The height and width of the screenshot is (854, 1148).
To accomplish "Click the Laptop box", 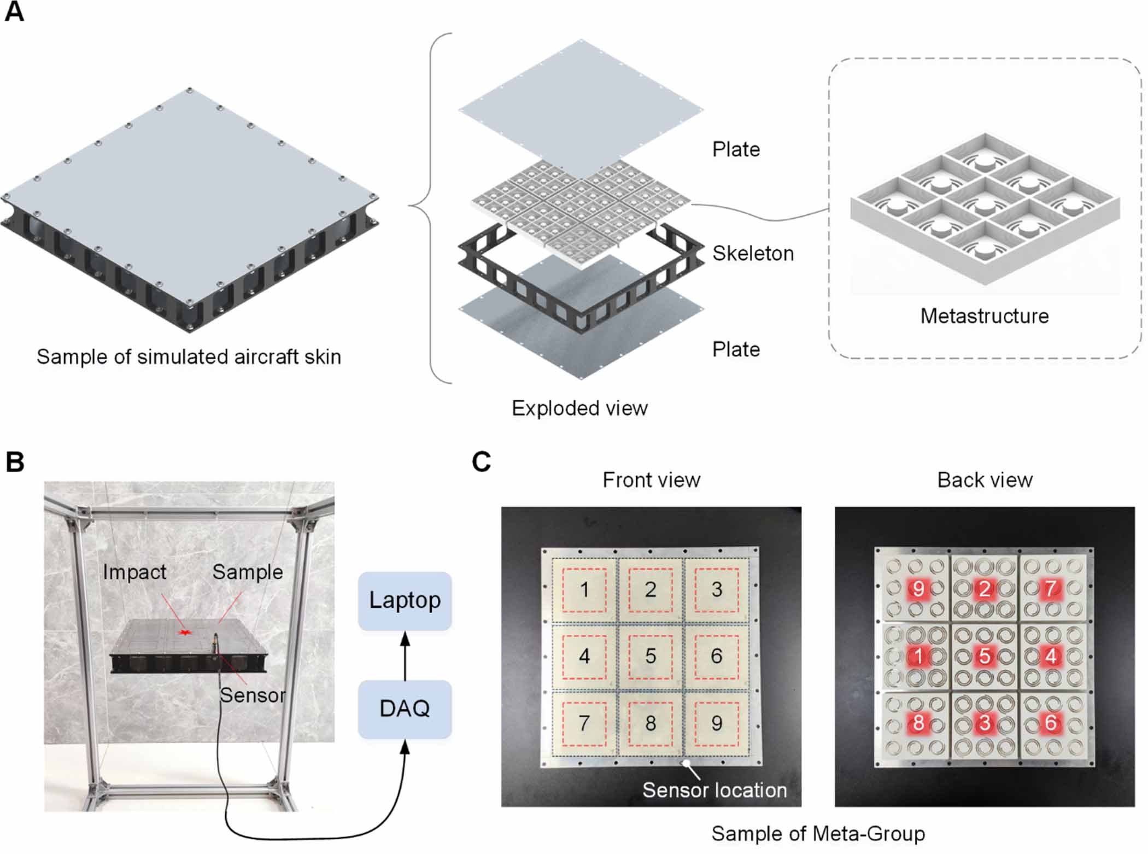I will (405, 600).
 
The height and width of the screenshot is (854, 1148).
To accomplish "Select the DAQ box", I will (405, 709).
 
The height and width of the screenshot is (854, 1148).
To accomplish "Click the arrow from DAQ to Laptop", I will (405, 656).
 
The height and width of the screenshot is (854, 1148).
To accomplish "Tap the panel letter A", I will (14, 12).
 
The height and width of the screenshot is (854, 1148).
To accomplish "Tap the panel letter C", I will (481, 462).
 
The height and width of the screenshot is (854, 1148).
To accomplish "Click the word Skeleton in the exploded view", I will (752, 254).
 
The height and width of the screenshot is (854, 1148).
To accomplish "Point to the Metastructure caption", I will (984, 316).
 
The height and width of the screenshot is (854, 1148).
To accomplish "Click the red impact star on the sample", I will (185, 633).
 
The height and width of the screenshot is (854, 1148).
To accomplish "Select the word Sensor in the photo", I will (253, 695).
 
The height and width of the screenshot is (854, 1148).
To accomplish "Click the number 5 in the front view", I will (651, 656).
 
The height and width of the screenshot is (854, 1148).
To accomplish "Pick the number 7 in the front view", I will (584, 723).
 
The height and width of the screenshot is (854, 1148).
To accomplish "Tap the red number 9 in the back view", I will (918, 589).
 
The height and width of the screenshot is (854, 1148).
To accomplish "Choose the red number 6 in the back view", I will (1050, 723).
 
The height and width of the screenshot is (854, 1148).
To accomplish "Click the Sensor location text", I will (714, 790).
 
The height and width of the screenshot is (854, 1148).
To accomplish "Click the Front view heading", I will (651, 480).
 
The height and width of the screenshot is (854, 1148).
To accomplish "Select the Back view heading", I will (985, 480).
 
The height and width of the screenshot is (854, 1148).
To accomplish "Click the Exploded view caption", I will (579, 408).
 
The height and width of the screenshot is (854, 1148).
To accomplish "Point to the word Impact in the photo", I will (134, 572).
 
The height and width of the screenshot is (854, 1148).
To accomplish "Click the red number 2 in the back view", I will (985, 589).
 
